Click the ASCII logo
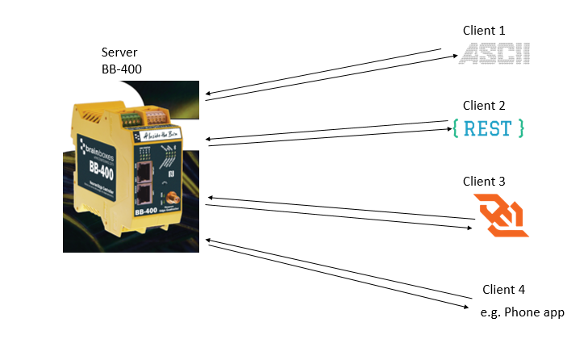pyautogui.click(x=494, y=54)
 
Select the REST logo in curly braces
pyautogui.click(x=489, y=128)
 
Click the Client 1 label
pyautogui.click(x=483, y=30)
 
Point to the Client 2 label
pyautogui.click(x=484, y=106)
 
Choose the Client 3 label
pyautogui.click(x=484, y=182)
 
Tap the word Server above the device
pyautogui.click(x=119, y=52)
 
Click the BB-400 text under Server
pyautogui.click(x=122, y=69)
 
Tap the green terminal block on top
pyautogui.click(x=128, y=119)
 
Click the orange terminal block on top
pyautogui.click(x=157, y=114)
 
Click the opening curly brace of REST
pyautogui.click(x=457, y=128)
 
